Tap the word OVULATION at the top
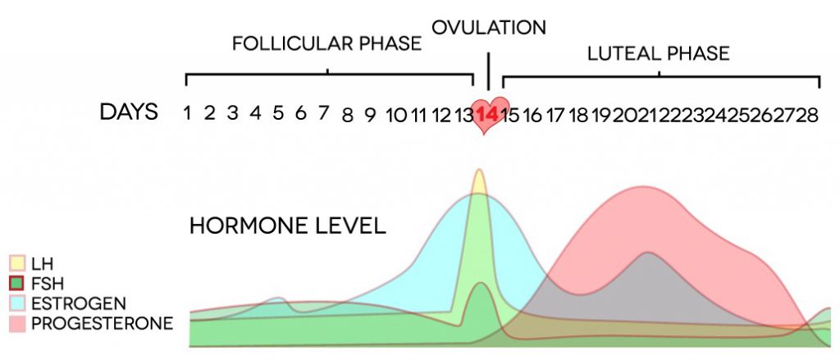click(489, 27)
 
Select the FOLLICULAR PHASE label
click(326, 43)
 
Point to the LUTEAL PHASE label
click(659, 54)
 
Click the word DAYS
click(129, 112)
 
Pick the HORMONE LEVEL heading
click(288, 226)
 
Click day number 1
click(188, 114)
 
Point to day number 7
click(324, 114)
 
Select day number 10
click(396, 114)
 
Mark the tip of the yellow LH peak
click(479, 171)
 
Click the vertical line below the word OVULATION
click(489, 71)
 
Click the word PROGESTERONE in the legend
click(102, 323)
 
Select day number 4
click(255, 114)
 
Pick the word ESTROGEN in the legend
click(75, 303)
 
